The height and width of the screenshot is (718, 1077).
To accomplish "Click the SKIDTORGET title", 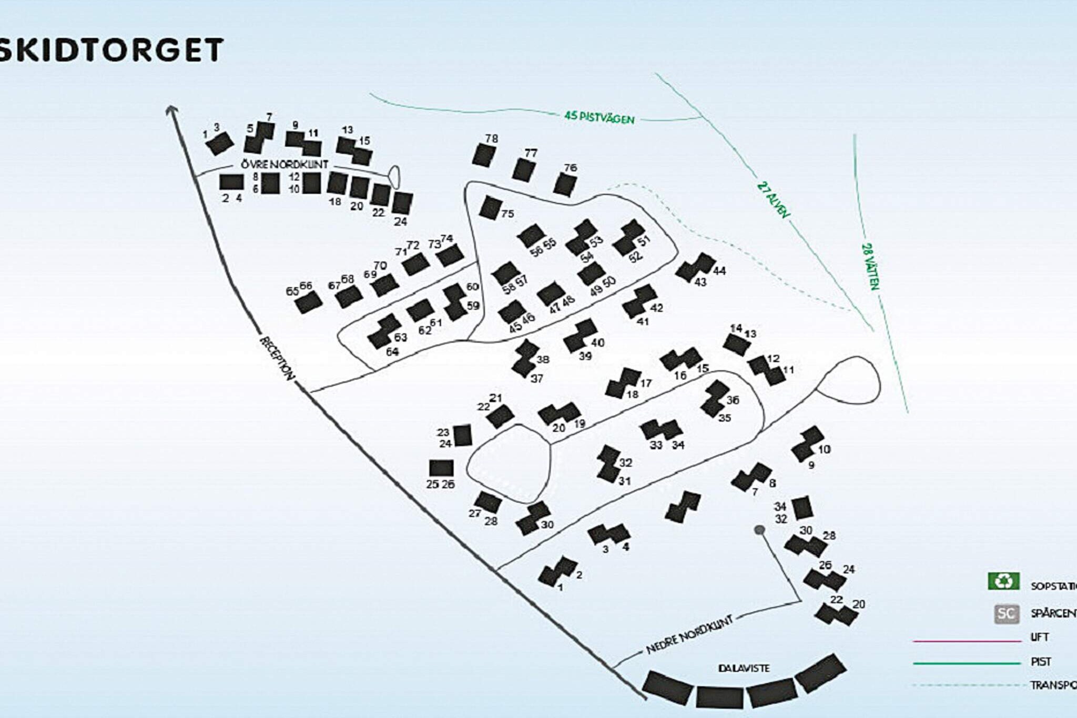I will pyautogui.click(x=110, y=50).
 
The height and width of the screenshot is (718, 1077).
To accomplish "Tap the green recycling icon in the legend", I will pyautogui.click(x=1003, y=581).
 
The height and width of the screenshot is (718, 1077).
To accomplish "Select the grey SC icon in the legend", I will pyautogui.click(x=1006, y=613).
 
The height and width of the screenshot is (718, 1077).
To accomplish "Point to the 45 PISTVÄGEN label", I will pyautogui.click(x=600, y=117).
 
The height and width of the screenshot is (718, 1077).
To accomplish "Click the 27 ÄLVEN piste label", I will pyautogui.click(x=774, y=200).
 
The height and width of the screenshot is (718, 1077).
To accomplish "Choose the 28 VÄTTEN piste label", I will pyautogui.click(x=870, y=266).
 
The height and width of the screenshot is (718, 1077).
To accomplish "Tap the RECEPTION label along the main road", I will pyautogui.click(x=277, y=358).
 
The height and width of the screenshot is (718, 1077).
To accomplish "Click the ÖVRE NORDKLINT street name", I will pyautogui.click(x=285, y=165).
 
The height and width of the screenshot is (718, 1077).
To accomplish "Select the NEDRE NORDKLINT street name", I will pyautogui.click(x=689, y=635).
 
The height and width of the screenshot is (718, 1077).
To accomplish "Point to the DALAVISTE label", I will pyautogui.click(x=744, y=668).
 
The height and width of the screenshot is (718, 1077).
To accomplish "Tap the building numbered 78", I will pyautogui.click(x=484, y=155).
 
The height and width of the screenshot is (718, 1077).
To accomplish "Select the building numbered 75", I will pyautogui.click(x=489, y=207).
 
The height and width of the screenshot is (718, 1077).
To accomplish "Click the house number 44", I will pyautogui.click(x=719, y=270).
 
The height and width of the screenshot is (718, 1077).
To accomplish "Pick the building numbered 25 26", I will pyautogui.click(x=441, y=468).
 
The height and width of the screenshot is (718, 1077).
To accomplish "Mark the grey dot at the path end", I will pyautogui.click(x=759, y=530).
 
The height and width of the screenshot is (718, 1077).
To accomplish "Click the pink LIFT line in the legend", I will pyautogui.click(x=967, y=641).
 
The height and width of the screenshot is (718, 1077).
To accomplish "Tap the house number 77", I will pyautogui.click(x=531, y=153).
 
